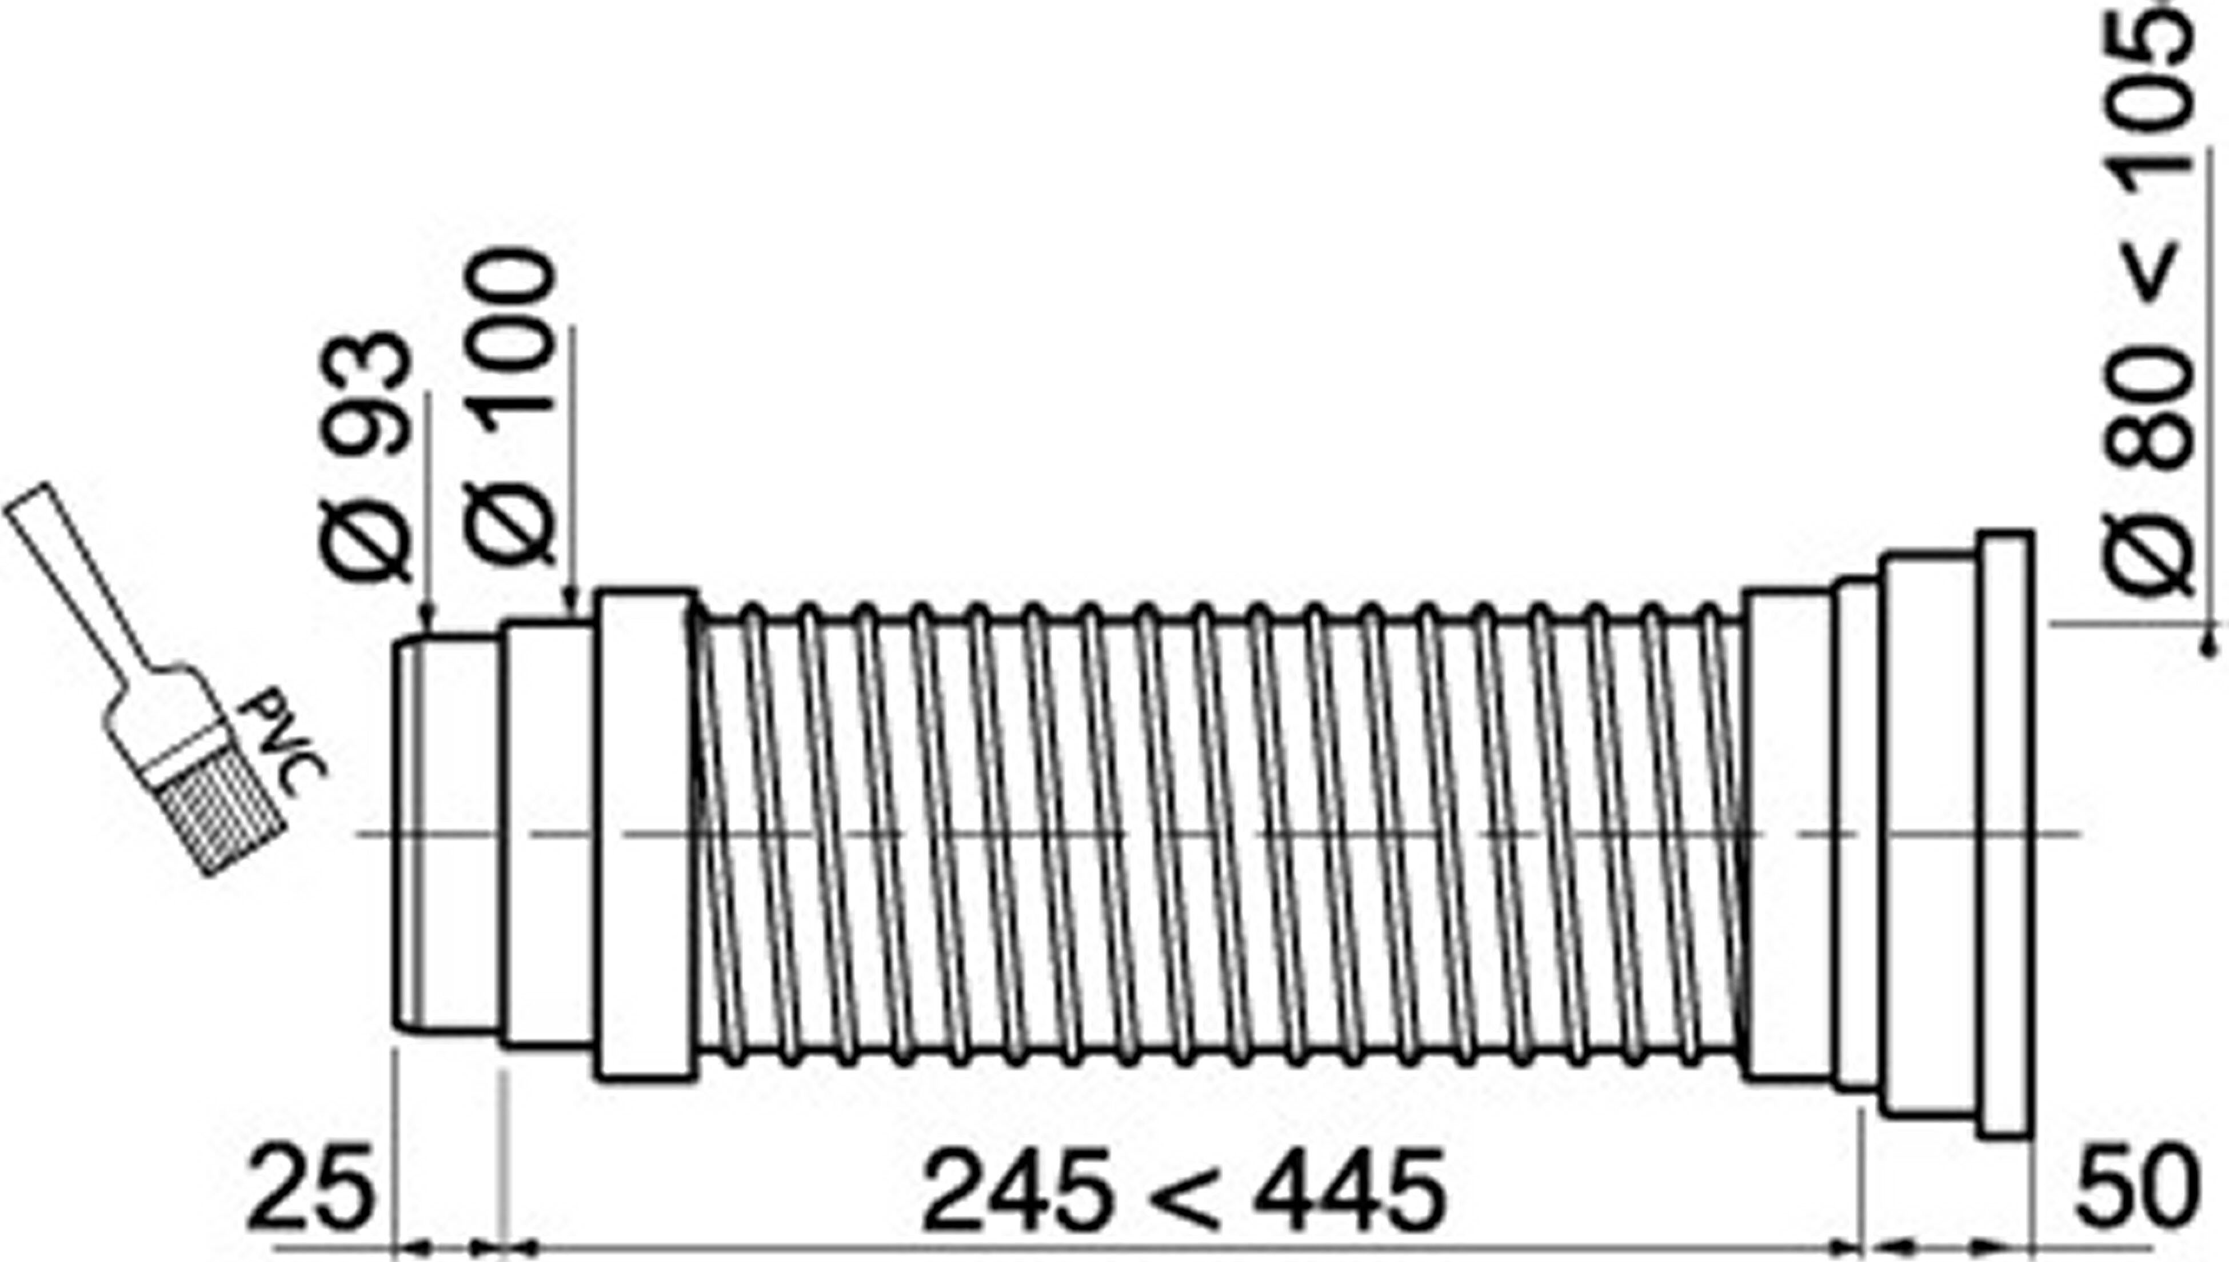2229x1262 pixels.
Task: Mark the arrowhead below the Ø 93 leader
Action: click(425, 620)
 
